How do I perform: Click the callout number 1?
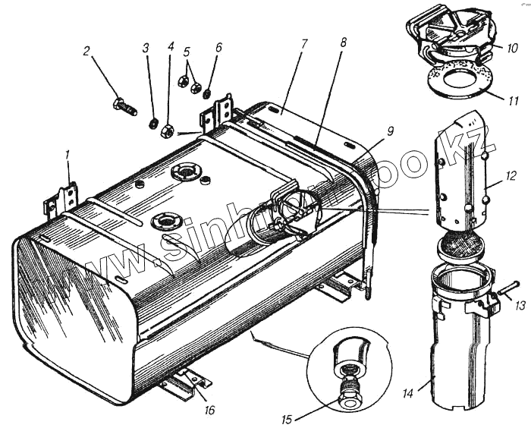point(68,156)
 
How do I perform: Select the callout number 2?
point(87,52)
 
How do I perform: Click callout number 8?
point(343,44)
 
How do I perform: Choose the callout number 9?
point(389,131)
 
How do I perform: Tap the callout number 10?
point(513,47)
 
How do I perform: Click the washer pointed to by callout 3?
point(152,122)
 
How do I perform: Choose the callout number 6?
point(218,47)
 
